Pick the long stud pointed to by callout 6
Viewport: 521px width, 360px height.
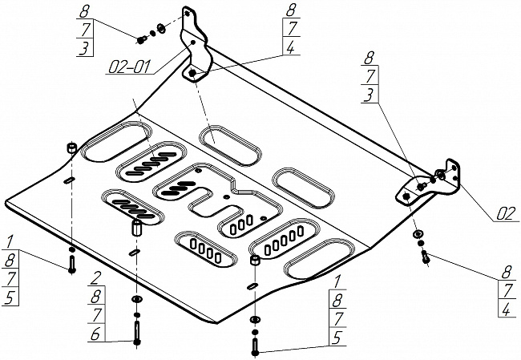tap(137, 329)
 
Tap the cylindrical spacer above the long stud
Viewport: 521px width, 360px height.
tap(135, 228)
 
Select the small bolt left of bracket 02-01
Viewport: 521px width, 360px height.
tap(142, 38)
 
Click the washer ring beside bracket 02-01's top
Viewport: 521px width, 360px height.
tap(161, 30)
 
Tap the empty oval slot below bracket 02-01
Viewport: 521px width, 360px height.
tap(230, 144)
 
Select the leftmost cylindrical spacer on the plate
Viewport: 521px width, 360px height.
tap(71, 148)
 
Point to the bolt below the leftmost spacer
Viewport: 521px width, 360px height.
tap(72, 265)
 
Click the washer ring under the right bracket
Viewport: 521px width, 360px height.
tap(418, 233)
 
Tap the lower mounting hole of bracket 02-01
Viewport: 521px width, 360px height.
tap(194, 74)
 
